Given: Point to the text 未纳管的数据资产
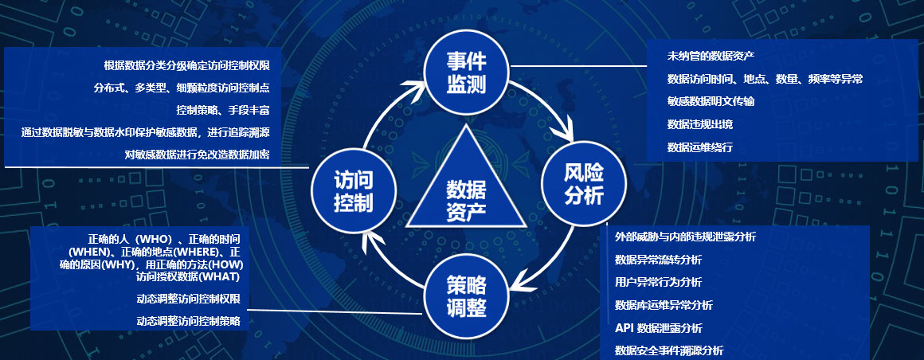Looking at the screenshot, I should pyautogui.click(x=711, y=56).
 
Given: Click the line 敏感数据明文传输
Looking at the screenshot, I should pyautogui.click(x=711, y=101).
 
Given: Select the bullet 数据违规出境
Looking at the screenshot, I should pyautogui.click(x=699, y=124).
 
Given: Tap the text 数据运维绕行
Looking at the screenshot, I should pyautogui.click(x=699, y=147).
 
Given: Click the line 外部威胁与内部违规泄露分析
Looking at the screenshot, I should pyautogui.click(x=685, y=237).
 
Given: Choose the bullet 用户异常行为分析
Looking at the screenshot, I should pyautogui.click(x=658, y=282).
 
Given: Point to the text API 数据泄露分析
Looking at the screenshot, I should pyautogui.click(x=658, y=327).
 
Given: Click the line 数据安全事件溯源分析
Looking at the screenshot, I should pyautogui.click(x=669, y=350).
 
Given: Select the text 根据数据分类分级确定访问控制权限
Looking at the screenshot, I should pyautogui.click(x=186, y=65).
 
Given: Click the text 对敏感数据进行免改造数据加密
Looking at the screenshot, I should pyautogui.click(x=197, y=155).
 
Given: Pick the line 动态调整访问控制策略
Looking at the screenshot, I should pyautogui.click(x=188, y=321).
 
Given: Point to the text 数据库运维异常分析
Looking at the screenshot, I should pyautogui.click(x=664, y=305).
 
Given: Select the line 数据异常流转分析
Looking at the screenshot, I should pyautogui.click(x=658, y=260).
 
